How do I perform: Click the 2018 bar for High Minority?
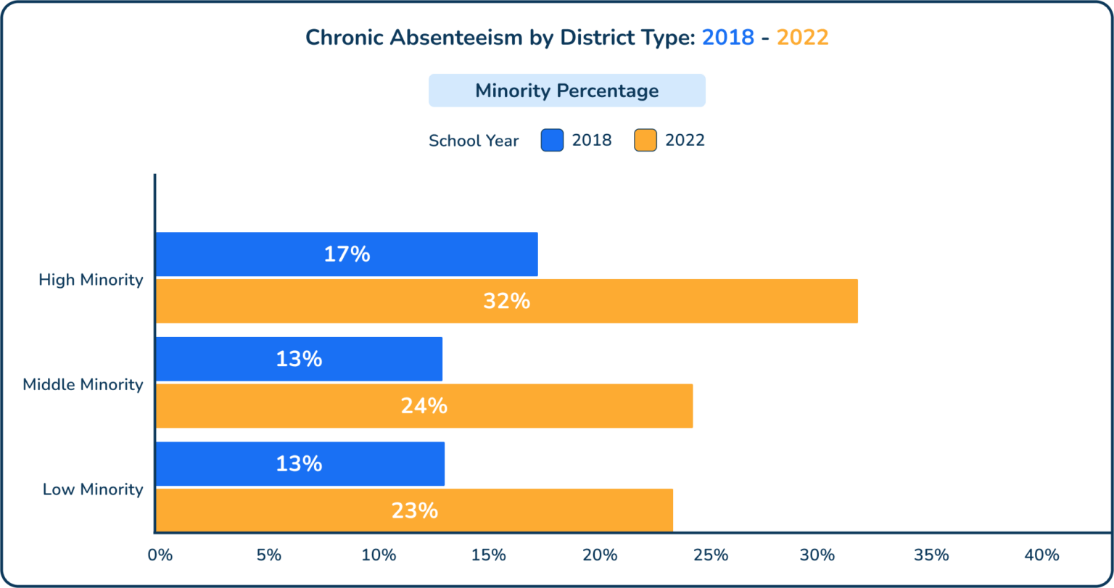click(x=347, y=254)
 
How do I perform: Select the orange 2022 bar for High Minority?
click(x=507, y=301)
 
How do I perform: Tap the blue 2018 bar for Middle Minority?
click(x=300, y=359)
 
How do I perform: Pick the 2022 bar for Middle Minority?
click(x=424, y=406)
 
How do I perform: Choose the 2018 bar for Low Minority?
click(x=300, y=464)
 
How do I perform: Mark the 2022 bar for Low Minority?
click(x=415, y=510)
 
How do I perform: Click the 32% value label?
click(x=507, y=301)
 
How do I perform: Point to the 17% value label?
click(x=347, y=254)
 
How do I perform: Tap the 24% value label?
click(x=424, y=406)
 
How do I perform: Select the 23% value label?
click(x=415, y=510)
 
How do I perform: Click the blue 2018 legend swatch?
click(x=552, y=140)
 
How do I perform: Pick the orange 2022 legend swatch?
click(x=645, y=140)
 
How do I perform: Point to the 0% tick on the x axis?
click(x=160, y=555)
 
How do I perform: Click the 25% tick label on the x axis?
click(x=711, y=555)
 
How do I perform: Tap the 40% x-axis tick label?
click(x=1041, y=555)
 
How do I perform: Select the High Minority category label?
click(x=91, y=280)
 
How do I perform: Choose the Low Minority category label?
click(x=93, y=489)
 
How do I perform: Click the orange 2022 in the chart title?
click(x=802, y=38)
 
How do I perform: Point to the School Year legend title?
click(x=474, y=141)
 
